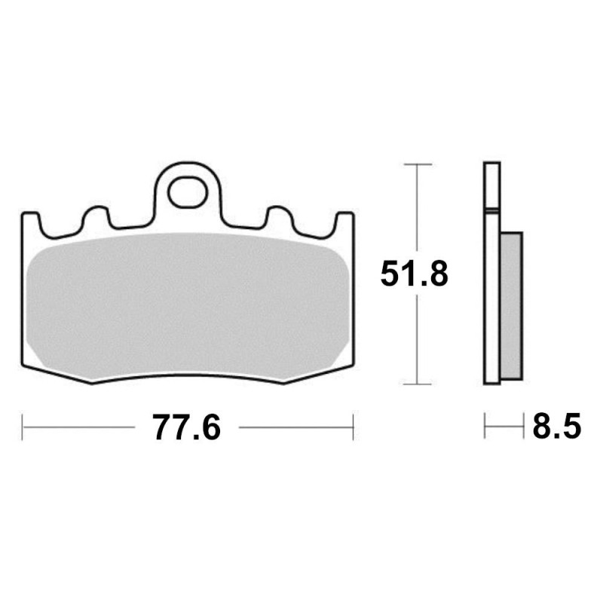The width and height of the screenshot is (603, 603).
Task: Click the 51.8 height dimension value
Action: point(414,274)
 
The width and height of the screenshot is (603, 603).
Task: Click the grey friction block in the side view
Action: point(510,305)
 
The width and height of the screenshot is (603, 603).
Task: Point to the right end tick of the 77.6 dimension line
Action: point(353,427)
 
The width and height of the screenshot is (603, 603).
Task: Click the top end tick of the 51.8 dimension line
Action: point(418,164)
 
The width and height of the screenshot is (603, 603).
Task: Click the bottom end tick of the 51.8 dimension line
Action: point(418,384)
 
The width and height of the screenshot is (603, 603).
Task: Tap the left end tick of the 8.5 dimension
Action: point(485,427)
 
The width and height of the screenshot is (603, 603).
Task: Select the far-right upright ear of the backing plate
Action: point(346,226)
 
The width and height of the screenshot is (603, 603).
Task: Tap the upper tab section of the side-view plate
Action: point(491,185)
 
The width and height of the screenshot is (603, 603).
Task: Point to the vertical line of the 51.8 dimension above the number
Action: point(418,211)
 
